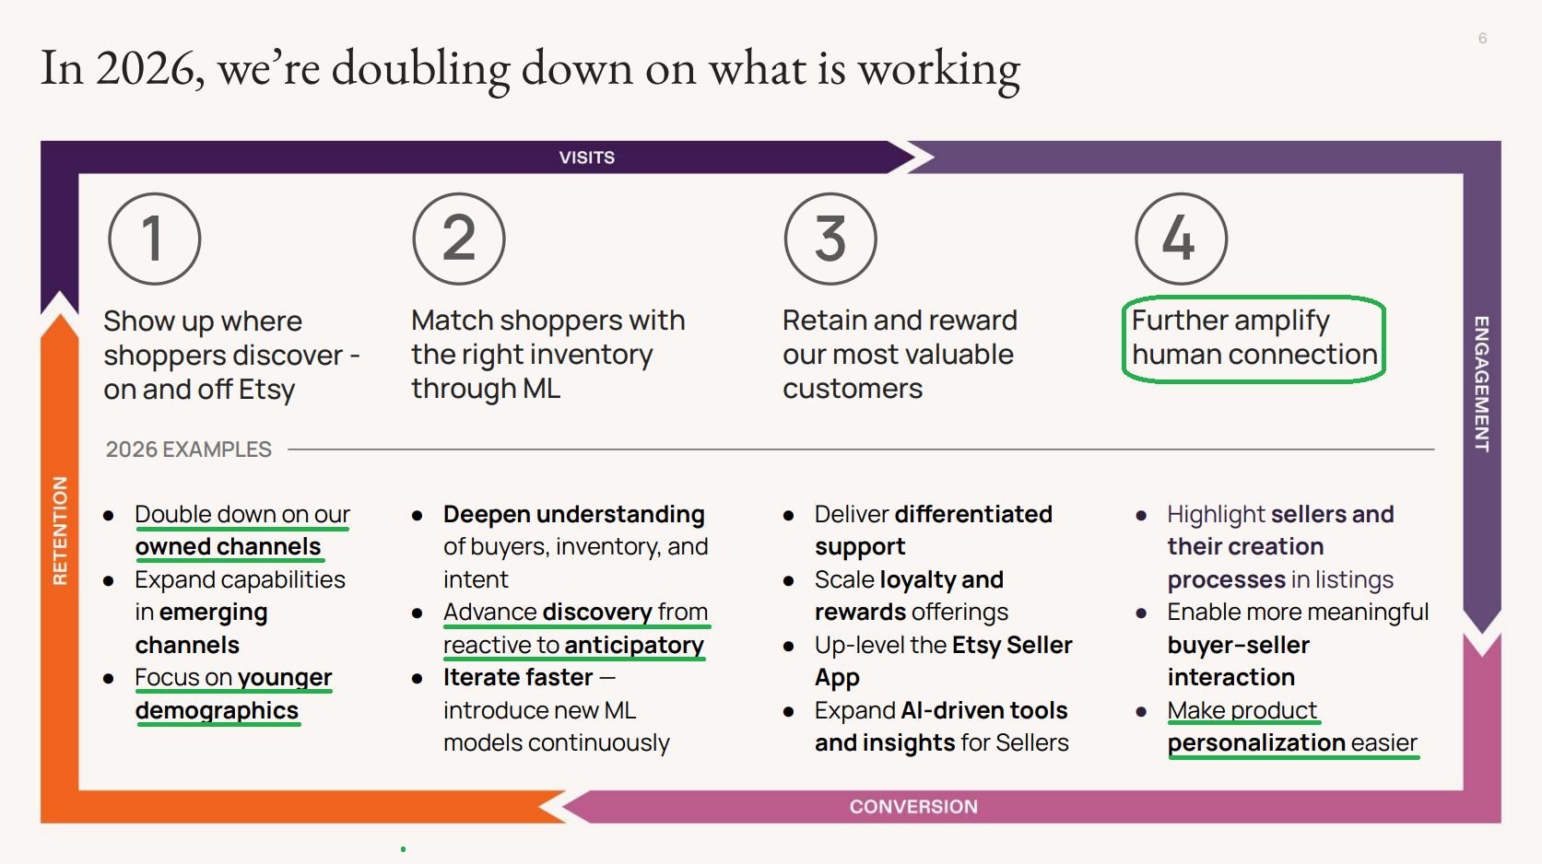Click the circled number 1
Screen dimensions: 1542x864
[154, 239]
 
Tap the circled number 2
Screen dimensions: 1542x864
[459, 239]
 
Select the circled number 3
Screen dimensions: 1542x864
[830, 239]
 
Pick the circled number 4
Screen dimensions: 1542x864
[1182, 239]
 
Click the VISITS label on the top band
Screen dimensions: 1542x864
[586, 158]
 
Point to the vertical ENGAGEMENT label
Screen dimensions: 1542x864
[1481, 384]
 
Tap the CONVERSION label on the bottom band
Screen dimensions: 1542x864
[913, 806]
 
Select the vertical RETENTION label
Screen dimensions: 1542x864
[61, 531]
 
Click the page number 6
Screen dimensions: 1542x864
[1483, 39]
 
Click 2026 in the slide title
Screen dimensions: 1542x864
[145, 68]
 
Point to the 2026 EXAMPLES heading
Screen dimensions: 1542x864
[189, 450]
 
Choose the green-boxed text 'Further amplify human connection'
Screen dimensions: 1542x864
[1254, 338]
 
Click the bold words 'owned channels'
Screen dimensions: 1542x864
[228, 546]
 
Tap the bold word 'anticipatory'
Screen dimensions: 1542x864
[635, 646]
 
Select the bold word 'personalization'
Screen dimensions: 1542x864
[1256, 743]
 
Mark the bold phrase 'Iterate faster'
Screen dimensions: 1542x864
[518, 678]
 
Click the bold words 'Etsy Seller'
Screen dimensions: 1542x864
[1012, 646]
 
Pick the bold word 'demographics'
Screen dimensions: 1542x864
[217, 710]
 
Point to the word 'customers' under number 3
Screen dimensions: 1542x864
[853, 390]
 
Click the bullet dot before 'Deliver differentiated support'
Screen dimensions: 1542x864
[789, 515]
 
